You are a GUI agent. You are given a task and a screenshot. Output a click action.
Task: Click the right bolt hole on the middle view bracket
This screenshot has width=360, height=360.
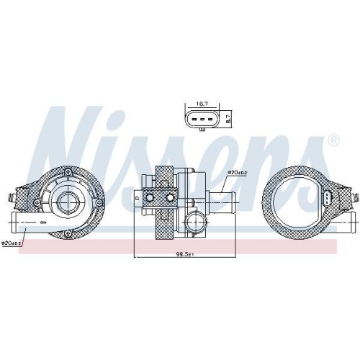click(x=171, y=197)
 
